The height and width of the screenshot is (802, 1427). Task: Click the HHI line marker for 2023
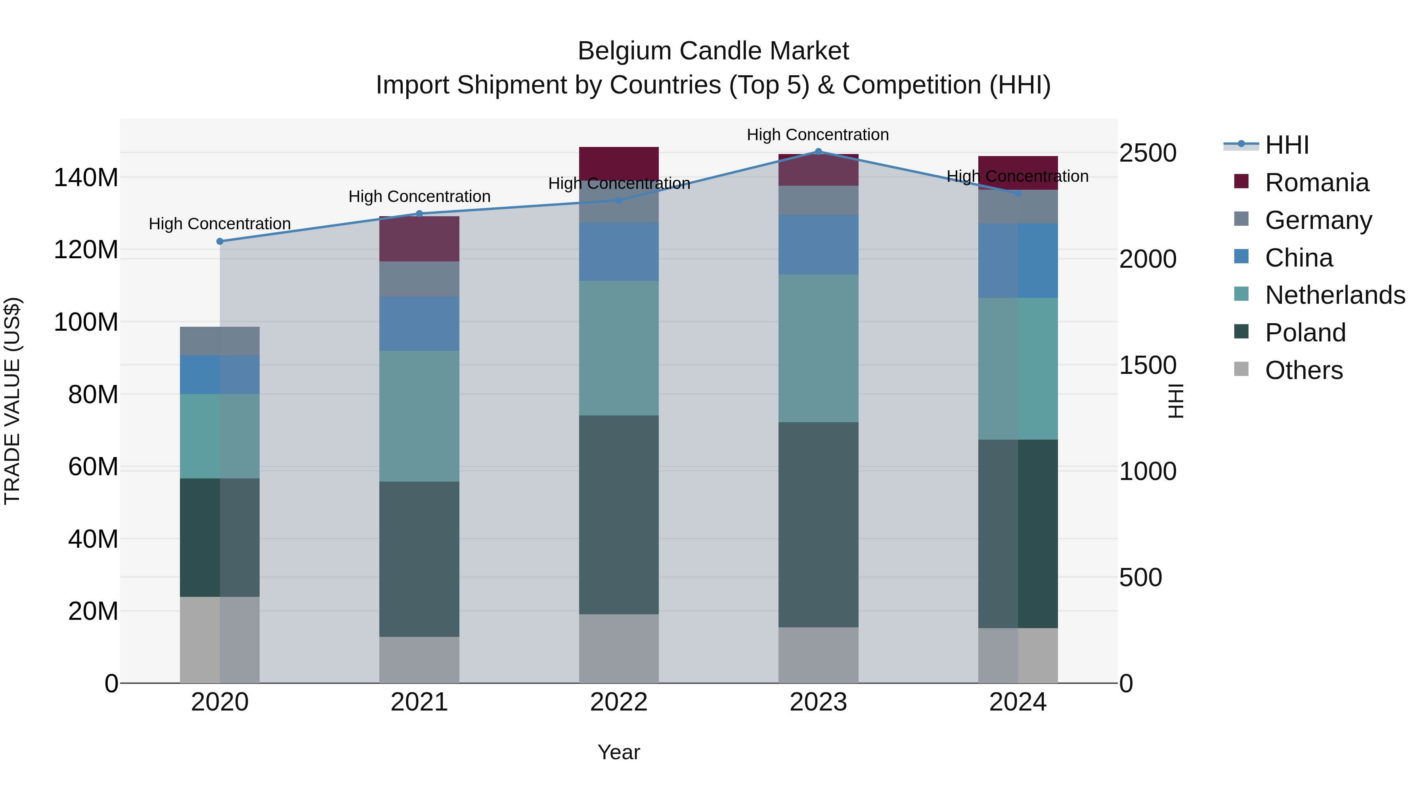pyautogui.click(x=818, y=152)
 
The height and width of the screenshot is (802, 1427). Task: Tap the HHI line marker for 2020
pyautogui.click(x=220, y=241)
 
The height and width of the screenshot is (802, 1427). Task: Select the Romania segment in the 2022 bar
pyautogui.click(x=619, y=163)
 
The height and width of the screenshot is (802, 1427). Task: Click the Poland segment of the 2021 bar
pyautogui.click(x=419, y=559)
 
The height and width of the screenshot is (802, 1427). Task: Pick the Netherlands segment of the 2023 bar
pyautogui.click(x=818, y=348)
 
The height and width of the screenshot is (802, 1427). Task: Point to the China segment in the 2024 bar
pyautogui.click(x=1018, y=261)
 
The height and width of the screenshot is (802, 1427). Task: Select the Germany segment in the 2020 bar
pyautogui.click(x=220, y=341)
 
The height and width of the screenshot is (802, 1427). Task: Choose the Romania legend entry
pyautogui.click(x=1316, y=183)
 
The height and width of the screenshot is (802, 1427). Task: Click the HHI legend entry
pyautogui.click(x=1286, y=145)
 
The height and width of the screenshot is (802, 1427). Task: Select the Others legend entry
pyautogui.click(x=1303, y=370)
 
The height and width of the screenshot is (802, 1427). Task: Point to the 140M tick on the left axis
pyautogui.click(x=86, y=178)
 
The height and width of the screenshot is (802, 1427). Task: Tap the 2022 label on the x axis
pyautogui.click(x=619, y=702)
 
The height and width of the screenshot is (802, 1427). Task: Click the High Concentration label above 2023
pyautogui.click(x=818, y=135)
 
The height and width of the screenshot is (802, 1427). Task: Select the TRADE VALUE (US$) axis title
pyautogui.click(x=12, y=401)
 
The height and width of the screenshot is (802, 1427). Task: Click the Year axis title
pyautogui.click(x=619, y=752)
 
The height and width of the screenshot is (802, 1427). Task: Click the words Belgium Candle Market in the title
pyautogui.click(x=713, y=51)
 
